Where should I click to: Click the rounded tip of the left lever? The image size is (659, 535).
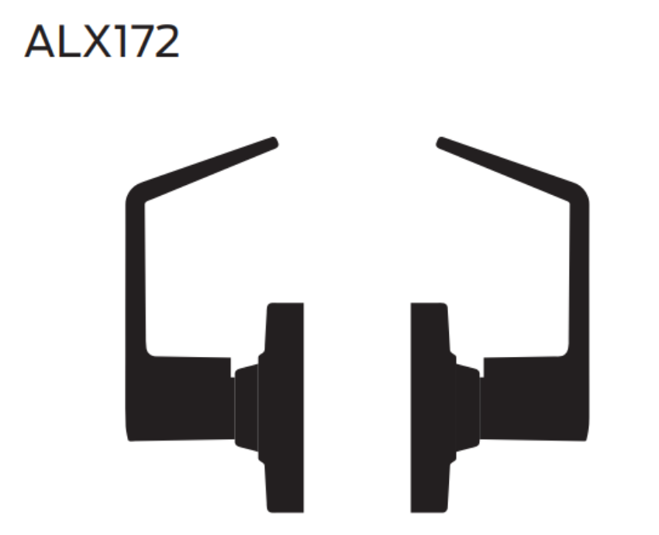click(273, 142)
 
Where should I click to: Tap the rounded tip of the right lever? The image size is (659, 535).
click(441, 142)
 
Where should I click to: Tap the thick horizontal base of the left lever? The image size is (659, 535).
click(179, 399)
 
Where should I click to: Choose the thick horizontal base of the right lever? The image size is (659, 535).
click(535, 399)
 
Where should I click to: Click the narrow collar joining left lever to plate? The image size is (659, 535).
click(246, 406)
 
